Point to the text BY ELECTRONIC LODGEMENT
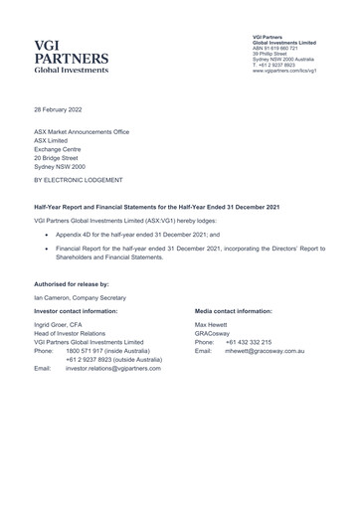[x=77, y=183]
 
